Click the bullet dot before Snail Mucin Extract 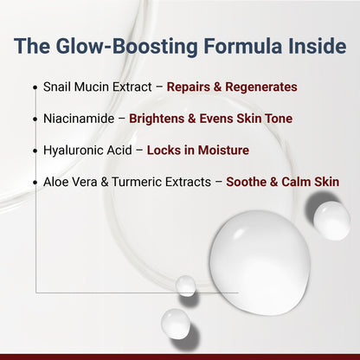tap(35, 88)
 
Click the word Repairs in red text tap(188, 87)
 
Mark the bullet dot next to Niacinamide tap(35, 119)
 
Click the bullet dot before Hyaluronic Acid tap(35, 151)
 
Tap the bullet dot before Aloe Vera tap(35, 183)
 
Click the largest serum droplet tap(260, 252)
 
